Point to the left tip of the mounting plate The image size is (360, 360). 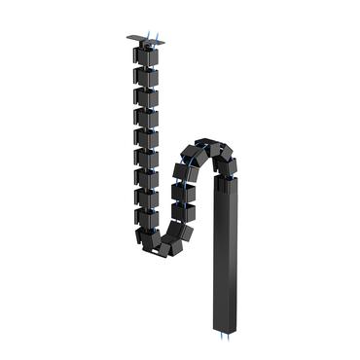(126, 40)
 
